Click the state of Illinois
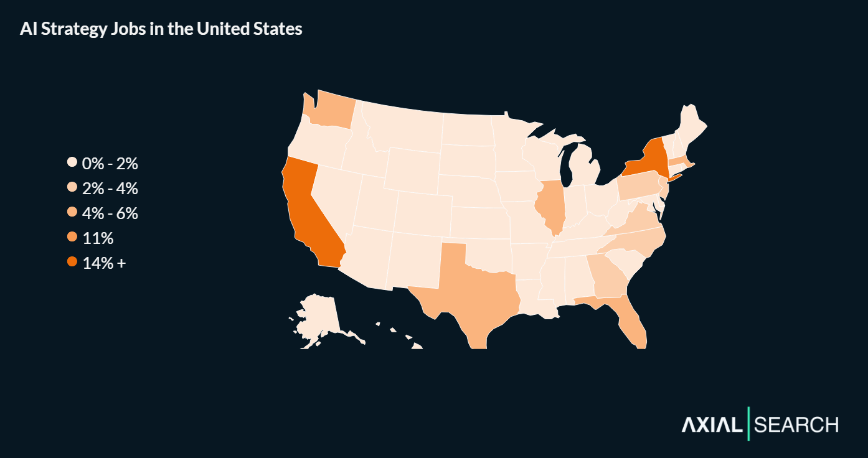(553, 205)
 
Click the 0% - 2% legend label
(110, 164)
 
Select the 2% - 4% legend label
(110, 189)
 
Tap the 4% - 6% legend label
(110, 213)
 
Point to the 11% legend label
(98, 238)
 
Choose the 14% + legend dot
(72, 263)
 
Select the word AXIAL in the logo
(712, 425)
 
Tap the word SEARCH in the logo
(796, 425)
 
